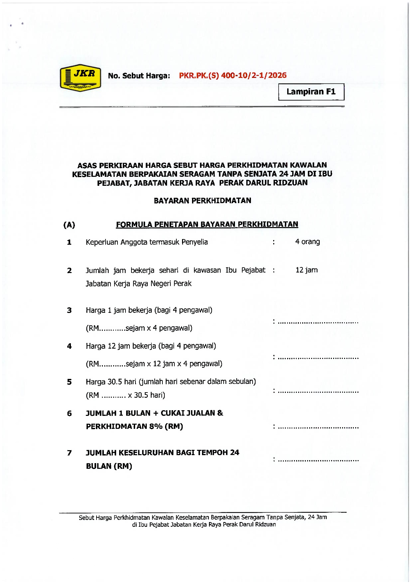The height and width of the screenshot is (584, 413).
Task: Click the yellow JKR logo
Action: tap(81, 78)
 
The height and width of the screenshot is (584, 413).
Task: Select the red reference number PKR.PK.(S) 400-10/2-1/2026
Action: tap(233, 76)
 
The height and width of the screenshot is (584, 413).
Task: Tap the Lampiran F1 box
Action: tap(311, 92)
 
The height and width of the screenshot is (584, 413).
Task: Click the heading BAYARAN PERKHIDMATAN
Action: tap(202, 200)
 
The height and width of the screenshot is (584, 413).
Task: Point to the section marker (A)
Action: tap(69, 225)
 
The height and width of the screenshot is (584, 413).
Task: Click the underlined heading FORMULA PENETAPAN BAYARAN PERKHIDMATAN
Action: tap(207, 224)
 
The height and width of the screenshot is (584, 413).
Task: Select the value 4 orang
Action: tap(308, 242)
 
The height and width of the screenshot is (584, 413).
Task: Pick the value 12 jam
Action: tap(307, 270)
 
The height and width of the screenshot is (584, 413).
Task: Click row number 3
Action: tap(69, 310)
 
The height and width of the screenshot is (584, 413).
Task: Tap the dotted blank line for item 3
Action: tap(318, 322)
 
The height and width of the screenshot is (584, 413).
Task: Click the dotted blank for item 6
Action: tap(318, 427)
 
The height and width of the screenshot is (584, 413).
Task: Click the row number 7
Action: tap(69, 453)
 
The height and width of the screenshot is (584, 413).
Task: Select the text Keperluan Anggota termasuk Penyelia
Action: tap(147, 242)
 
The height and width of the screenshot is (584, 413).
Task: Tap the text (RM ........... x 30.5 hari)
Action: tap(125, 395)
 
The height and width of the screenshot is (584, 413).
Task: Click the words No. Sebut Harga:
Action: tap(139, 76)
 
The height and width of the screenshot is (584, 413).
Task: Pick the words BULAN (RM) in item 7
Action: tap(109, 466)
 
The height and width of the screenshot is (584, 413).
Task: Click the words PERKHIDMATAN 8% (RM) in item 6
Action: tap(134, 427)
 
